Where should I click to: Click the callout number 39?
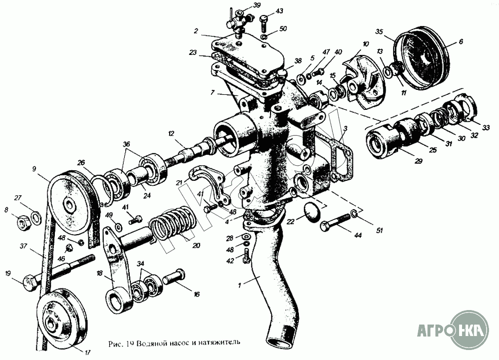[x=257, y=5]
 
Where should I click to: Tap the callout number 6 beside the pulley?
[x=461, y=42]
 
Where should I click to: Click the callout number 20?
[x=196, y=245]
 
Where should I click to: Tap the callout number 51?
[x=380, y=230]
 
